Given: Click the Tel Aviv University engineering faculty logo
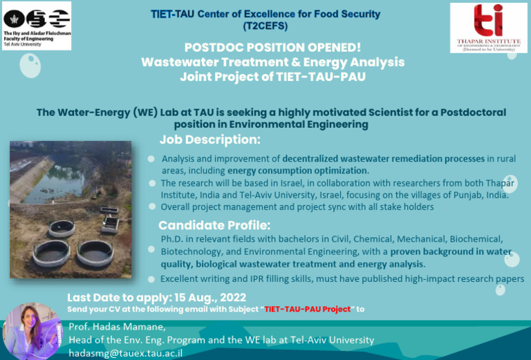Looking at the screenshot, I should click(x=37, y=25).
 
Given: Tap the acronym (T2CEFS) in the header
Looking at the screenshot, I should click(x=265, y=26).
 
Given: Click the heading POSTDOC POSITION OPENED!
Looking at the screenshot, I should click(x=272, y=47).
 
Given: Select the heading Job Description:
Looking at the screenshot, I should click(x=209, y=140).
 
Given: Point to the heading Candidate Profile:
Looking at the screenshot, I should click(x=214, y=225).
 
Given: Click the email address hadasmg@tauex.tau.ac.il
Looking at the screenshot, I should click(x=125, y=352).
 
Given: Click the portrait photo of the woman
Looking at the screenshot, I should click(x=32, y=330).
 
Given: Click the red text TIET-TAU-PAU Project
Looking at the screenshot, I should click(x=307, y=309).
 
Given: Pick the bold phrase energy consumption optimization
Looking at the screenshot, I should click(x=298, y=171).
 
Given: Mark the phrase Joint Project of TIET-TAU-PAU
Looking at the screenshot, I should click(x=272, y=77).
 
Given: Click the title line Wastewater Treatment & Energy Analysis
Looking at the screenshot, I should click(x=272, y=62).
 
